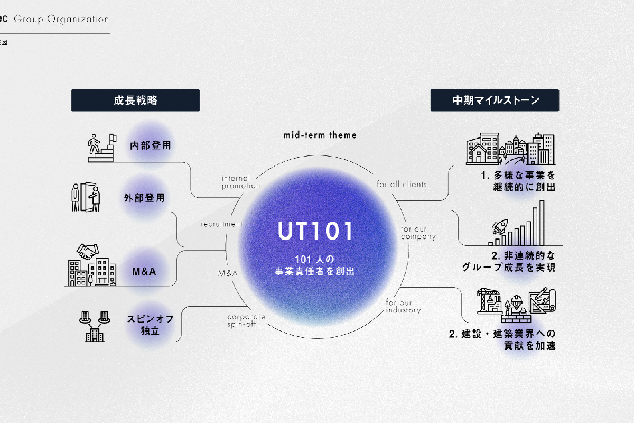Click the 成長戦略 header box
pos(135,100)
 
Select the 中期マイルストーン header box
pos(495,100)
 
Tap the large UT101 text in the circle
pos(315,231)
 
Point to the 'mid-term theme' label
pos(320,135)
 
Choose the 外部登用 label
pos(144,198)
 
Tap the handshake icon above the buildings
pos(88,251)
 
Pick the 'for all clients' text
pos(402,185)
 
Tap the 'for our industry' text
pos(403,306)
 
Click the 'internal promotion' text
pos(241,182)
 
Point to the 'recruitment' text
pos(221,224)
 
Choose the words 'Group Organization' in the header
pos(61,20)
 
